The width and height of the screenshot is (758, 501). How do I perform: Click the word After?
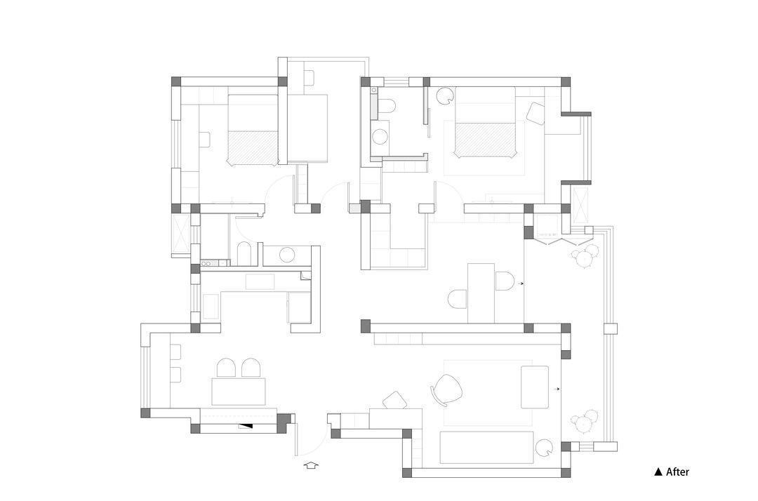click(677, 472)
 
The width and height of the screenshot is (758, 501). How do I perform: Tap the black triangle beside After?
click(658, 472)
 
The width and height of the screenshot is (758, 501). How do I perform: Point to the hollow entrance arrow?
click(312, 465)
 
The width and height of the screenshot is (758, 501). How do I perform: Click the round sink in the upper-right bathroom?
click(380, 138)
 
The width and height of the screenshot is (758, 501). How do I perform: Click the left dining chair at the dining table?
click(226, 368)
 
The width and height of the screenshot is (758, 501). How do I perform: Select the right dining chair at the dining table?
click(251, 368)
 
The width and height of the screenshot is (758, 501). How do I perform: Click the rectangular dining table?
click(239, 392)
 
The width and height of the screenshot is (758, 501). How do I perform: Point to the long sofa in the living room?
click(486, 448)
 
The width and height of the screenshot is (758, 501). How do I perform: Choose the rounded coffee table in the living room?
click(535, 387)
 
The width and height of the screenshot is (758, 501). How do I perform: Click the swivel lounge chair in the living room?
click(446, 390)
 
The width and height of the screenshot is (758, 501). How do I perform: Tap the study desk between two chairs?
click(481, 293)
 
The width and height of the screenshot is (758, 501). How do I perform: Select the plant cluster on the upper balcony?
click(585, 255)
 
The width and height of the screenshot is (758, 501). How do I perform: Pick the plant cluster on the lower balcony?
click(585, 421)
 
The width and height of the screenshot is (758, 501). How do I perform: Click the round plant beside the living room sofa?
click(545, 448)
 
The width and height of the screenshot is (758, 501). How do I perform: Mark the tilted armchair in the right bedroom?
click(536, 113)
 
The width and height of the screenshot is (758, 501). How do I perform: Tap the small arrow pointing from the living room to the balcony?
click(558, 389)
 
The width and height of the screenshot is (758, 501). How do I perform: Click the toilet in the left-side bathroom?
click(244, 253)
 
